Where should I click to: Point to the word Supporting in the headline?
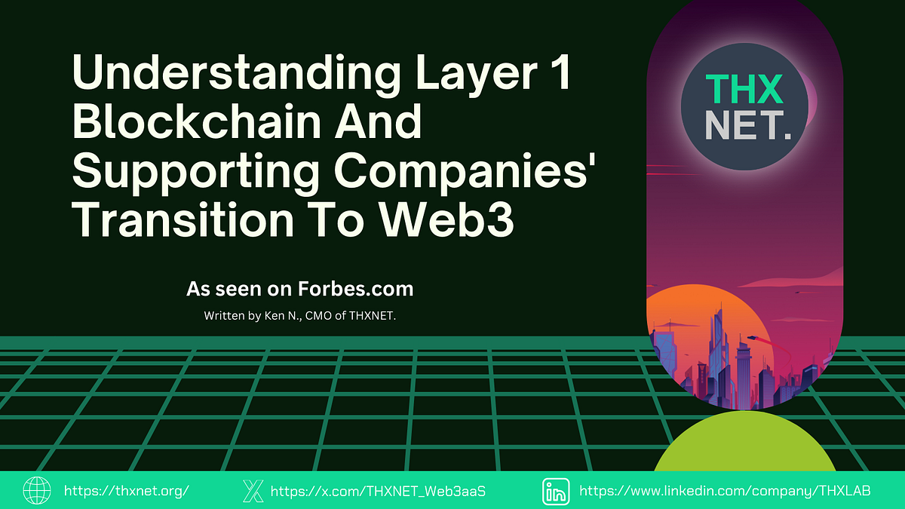click(x=196, y=173)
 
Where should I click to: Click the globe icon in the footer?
click(x=36, y=491)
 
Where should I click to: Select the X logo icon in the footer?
click(x=253, y=491)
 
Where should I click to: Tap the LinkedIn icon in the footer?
click(x=556, y=491)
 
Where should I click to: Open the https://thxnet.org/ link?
click(x=126, y=491)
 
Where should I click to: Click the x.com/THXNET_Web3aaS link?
click(x=377, y=491)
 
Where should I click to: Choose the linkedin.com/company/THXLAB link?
click(x=725, y=491)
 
